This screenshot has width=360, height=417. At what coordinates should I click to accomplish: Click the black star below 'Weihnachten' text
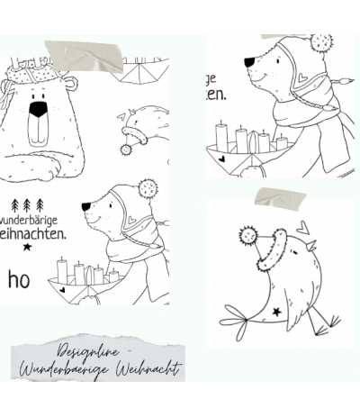tap(26, 245)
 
